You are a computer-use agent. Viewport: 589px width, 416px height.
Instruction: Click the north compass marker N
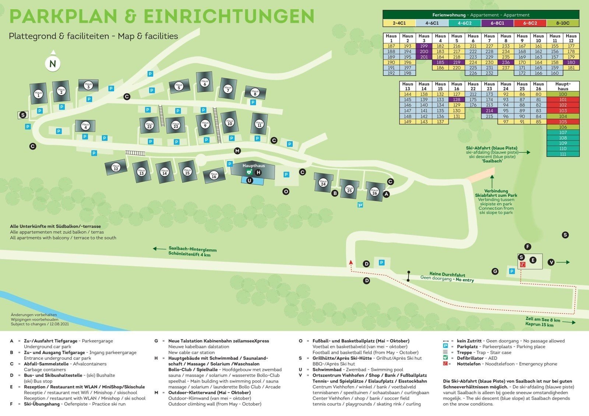pos(53,64)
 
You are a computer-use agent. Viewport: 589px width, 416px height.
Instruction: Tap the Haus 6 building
pos(205,82)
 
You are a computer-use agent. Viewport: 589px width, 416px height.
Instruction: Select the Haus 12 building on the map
pos(116,167)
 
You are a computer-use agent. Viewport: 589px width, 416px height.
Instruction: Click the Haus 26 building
pos(375,191)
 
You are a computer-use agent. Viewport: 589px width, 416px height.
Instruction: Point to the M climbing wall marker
pos(237,151)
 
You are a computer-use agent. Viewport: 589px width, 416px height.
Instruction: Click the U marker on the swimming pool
pos(250,181)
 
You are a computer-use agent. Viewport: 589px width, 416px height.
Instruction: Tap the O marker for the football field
pos(286,191)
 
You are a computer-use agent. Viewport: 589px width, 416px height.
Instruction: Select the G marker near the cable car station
pos(495,271)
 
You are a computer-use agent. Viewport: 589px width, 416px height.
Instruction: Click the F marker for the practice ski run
pos(528,247)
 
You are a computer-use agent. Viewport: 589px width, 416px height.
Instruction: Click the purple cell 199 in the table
pos(424,46)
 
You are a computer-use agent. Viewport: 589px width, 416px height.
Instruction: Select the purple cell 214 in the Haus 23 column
pos(489,111)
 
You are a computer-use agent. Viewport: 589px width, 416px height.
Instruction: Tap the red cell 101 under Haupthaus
pos(563,100)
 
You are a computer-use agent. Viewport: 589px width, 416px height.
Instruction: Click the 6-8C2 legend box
pos(530,23)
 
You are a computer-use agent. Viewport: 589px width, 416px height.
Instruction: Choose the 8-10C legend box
pos(562,23)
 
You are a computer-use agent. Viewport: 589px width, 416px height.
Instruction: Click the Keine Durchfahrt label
pos(447,275)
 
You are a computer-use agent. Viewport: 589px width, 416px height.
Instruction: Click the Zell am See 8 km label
pos(543,320)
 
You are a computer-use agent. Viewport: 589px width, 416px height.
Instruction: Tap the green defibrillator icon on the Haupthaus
pos(249,172)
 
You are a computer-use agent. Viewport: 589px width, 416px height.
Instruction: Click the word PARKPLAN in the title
pos(63,17)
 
